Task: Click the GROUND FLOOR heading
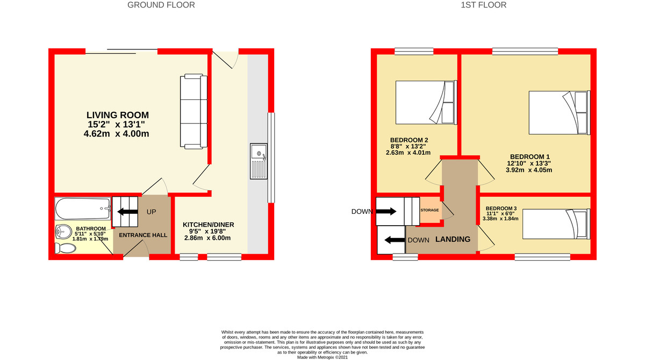pos(161,5)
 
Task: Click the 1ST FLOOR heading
pos(484,5)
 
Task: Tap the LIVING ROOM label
pos(118,115)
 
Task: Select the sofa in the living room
pos(193,112)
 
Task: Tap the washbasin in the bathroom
pos(63,232)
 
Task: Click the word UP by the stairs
pos(152,212)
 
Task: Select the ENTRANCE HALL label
pos(143,235)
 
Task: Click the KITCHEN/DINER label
pos(209,225)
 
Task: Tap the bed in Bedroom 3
pos(556,224)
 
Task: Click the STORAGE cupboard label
pos(430,210)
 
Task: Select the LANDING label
pos(453,239)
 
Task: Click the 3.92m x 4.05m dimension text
pos(529,170)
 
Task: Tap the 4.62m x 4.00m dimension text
pos(116,134)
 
